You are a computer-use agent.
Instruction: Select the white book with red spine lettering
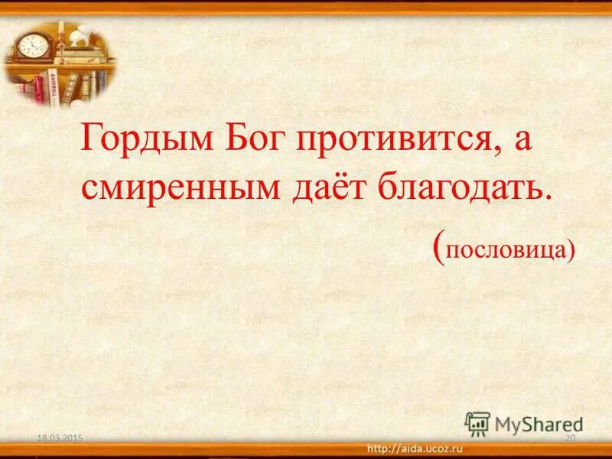pos(54,85)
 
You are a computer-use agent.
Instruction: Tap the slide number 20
pos(569,437)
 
